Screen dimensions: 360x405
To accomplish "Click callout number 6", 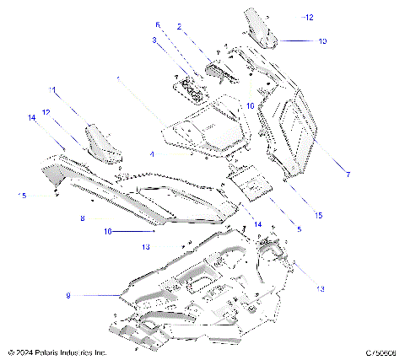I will pyautogui.click(x=157, y=24).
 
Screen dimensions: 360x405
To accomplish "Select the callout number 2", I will pyautogui.click(x=179, y=27).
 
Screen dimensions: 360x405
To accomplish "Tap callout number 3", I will pyautogui.click(x=154, y=40).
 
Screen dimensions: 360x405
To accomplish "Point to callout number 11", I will pyautogui.click(x=52, y=89).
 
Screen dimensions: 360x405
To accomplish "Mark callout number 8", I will pyautogui.click(x=82, y=218).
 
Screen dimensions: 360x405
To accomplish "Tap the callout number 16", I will pyautogui.click(x=107, y=229).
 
